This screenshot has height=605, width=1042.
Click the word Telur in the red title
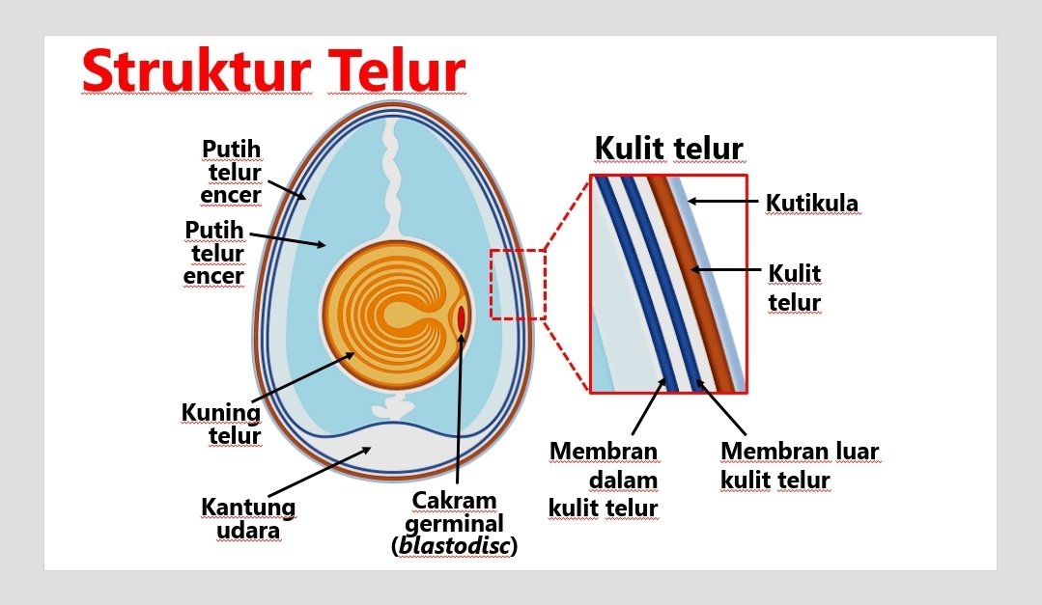point(396,70)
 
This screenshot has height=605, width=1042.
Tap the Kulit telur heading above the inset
point(668,149)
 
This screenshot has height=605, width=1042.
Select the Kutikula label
point(811,204)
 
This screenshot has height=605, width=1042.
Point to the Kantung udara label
point(248,518)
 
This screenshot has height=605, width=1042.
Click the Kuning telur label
point(222,424)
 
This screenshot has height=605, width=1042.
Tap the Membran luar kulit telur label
point(800,465)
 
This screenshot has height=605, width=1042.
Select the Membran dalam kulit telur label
point(604,480)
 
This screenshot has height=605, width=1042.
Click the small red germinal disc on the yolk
point(462,317)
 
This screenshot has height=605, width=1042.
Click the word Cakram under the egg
point(454,501)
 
